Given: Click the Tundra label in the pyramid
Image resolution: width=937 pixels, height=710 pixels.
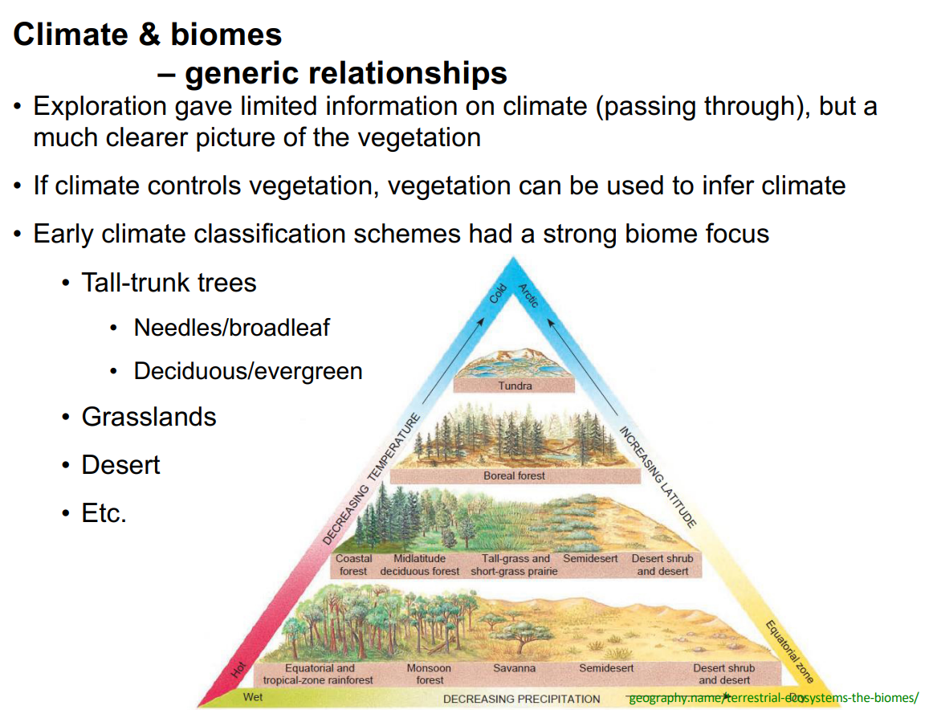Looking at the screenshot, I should [515, 386].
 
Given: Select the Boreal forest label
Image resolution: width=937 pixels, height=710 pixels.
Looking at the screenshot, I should [514, 475].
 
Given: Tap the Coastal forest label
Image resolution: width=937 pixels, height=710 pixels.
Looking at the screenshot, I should [353, 565].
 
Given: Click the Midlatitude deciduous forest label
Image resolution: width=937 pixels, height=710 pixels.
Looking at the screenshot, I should [420, 565].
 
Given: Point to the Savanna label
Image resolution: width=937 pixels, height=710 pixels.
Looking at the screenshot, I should [514, 668].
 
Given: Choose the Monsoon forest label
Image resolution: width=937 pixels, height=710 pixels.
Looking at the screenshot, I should [430, 674].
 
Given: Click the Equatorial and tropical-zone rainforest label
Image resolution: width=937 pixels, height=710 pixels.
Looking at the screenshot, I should [318, 674].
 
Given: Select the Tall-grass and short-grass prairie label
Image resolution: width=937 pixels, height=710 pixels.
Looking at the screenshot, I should [515, 565].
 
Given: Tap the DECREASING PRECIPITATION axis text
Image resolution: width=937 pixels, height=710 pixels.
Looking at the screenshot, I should [521, 699].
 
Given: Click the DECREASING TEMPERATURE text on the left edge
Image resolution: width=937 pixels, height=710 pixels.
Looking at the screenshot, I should [372, 479].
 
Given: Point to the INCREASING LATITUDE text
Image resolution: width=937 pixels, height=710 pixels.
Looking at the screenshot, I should [656, 477].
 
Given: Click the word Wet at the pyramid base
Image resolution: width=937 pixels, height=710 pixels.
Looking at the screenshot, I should [253, 697].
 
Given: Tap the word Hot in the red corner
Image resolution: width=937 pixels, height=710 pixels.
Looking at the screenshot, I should [238, 668].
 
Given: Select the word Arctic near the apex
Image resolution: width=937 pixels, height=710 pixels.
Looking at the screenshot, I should [528, 296].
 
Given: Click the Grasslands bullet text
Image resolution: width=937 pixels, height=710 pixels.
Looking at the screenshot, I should [149, 417].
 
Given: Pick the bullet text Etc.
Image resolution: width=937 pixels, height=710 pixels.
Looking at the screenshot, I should [104, 513].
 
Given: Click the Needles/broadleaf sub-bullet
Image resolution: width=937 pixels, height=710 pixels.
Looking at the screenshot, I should [231, 328].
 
